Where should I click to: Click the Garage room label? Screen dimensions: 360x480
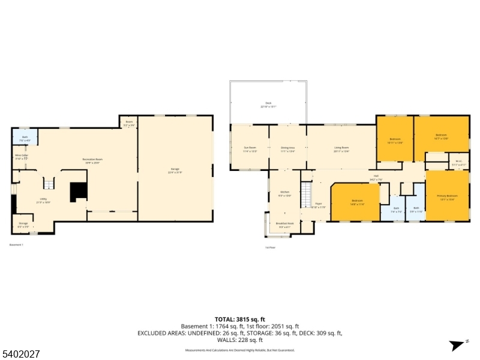coord(175,171)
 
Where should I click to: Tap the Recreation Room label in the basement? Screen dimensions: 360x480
coord(92,160)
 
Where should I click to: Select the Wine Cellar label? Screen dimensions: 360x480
coord(22,157)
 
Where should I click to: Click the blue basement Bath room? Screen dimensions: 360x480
coord(25,138)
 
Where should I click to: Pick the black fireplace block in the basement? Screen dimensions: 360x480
coord(79,192)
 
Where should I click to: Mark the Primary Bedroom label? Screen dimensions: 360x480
coord(447,197)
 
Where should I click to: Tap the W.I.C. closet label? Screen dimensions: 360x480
coord(458,162)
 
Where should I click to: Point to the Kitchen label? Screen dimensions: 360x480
coord(284,194)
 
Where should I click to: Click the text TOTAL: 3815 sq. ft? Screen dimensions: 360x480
coord(240,319)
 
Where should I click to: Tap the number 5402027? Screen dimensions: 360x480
coord(21,354)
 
